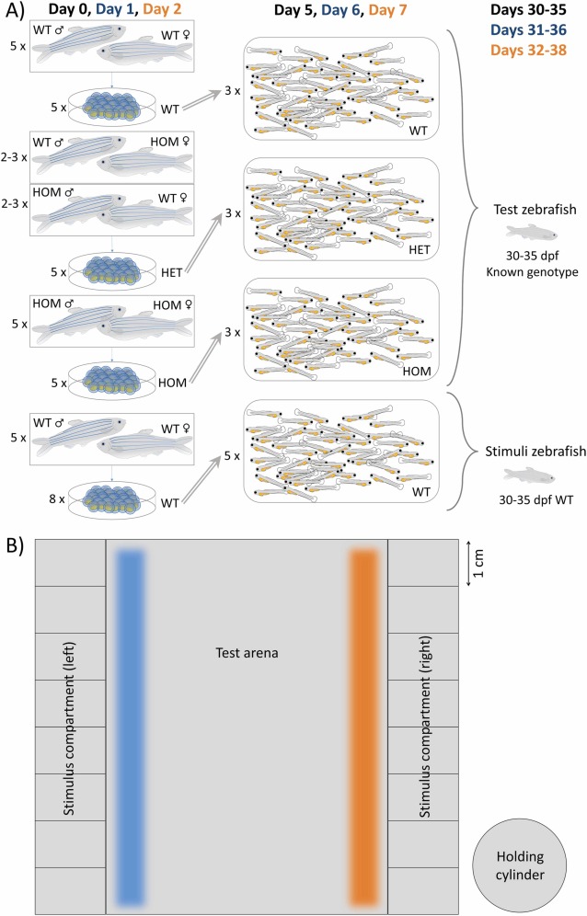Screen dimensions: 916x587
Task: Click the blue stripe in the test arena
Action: click(x=127, y=727)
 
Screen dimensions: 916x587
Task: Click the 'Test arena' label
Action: click(x=247, y=653)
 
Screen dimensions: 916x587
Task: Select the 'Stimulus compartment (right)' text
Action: click(x=424, y=727)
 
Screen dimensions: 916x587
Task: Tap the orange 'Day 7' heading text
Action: click(x=396, y=13)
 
